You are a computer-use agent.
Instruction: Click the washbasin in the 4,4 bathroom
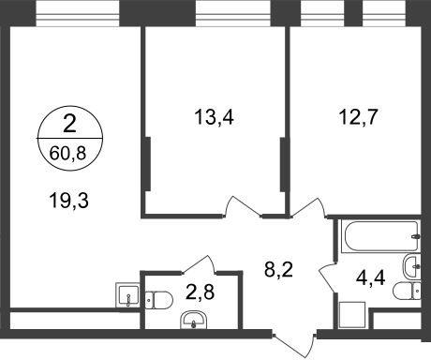[x=410, y=262]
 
